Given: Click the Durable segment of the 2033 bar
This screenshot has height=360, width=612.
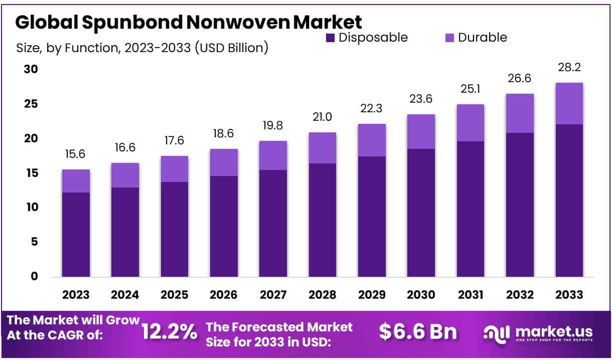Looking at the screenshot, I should (x=569, y=103).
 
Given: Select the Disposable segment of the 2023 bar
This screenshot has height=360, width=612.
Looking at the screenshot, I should (x=76, y=234).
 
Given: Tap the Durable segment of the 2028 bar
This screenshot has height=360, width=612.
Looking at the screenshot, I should (x=322, y=148).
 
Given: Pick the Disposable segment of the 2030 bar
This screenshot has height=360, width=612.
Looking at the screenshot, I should (x=421, y=213).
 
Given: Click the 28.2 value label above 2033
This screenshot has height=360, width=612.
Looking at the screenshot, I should (x=569, y=68).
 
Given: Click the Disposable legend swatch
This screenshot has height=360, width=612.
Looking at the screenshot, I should (x=330, y=38).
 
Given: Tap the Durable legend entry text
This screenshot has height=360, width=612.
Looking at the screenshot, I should (x=482, y=38).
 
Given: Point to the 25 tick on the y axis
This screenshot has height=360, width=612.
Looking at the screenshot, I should (x=31, y=104).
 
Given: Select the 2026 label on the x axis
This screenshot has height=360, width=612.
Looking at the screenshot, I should (x=224, y=295).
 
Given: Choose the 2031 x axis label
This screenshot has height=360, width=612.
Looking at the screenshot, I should (x=470, y=295).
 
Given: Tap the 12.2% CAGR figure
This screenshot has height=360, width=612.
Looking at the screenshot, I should (x=169, y=331).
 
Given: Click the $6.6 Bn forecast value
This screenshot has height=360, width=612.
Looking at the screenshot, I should (x=418, y=331).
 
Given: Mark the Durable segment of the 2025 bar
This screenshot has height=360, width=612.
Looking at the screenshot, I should (x=175, y=168).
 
